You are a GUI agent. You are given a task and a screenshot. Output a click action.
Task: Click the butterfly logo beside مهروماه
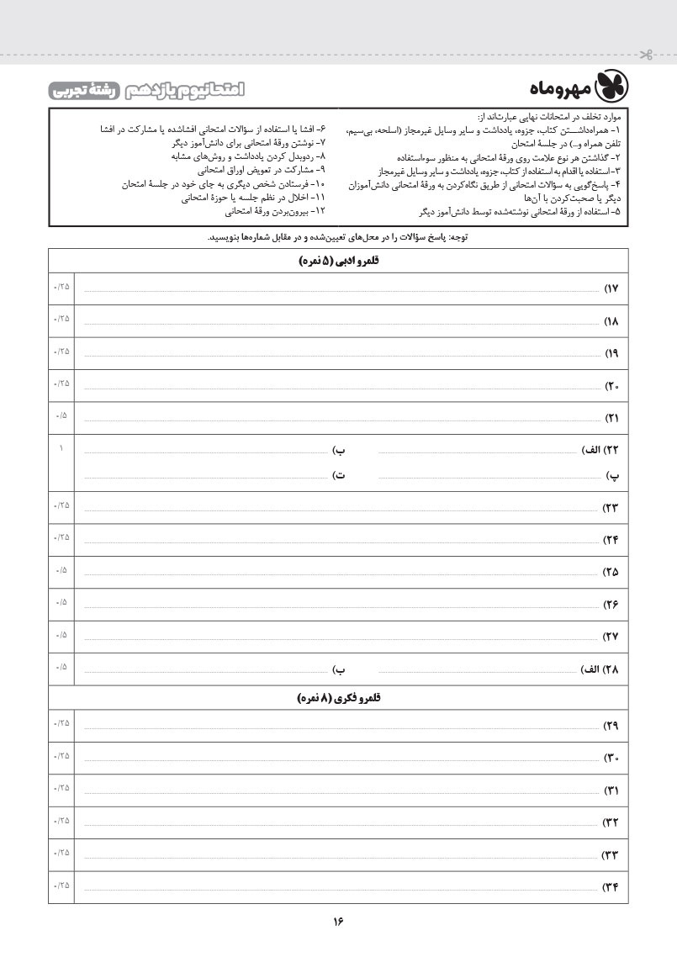(x=612, y=87)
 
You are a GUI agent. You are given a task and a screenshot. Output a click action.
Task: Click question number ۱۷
(x=611, y=289)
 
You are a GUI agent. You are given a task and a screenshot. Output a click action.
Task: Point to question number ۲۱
(x=611, y=417)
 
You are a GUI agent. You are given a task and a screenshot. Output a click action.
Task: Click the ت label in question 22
(x=341, y=475)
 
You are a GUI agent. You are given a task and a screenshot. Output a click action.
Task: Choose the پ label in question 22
(x=614, y=475)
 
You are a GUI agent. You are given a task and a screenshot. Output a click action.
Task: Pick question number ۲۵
(x=611, y=572)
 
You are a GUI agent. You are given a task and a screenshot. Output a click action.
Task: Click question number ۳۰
(x=611, y=759)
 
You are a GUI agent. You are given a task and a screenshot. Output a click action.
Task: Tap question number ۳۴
(x=611, y=886)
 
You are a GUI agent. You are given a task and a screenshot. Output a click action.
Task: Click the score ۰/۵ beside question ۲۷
(x=61, y=635)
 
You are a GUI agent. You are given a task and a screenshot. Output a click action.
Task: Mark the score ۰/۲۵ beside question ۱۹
(x=61, y=351)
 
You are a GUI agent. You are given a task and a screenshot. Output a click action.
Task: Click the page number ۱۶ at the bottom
(x=338, y=921)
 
